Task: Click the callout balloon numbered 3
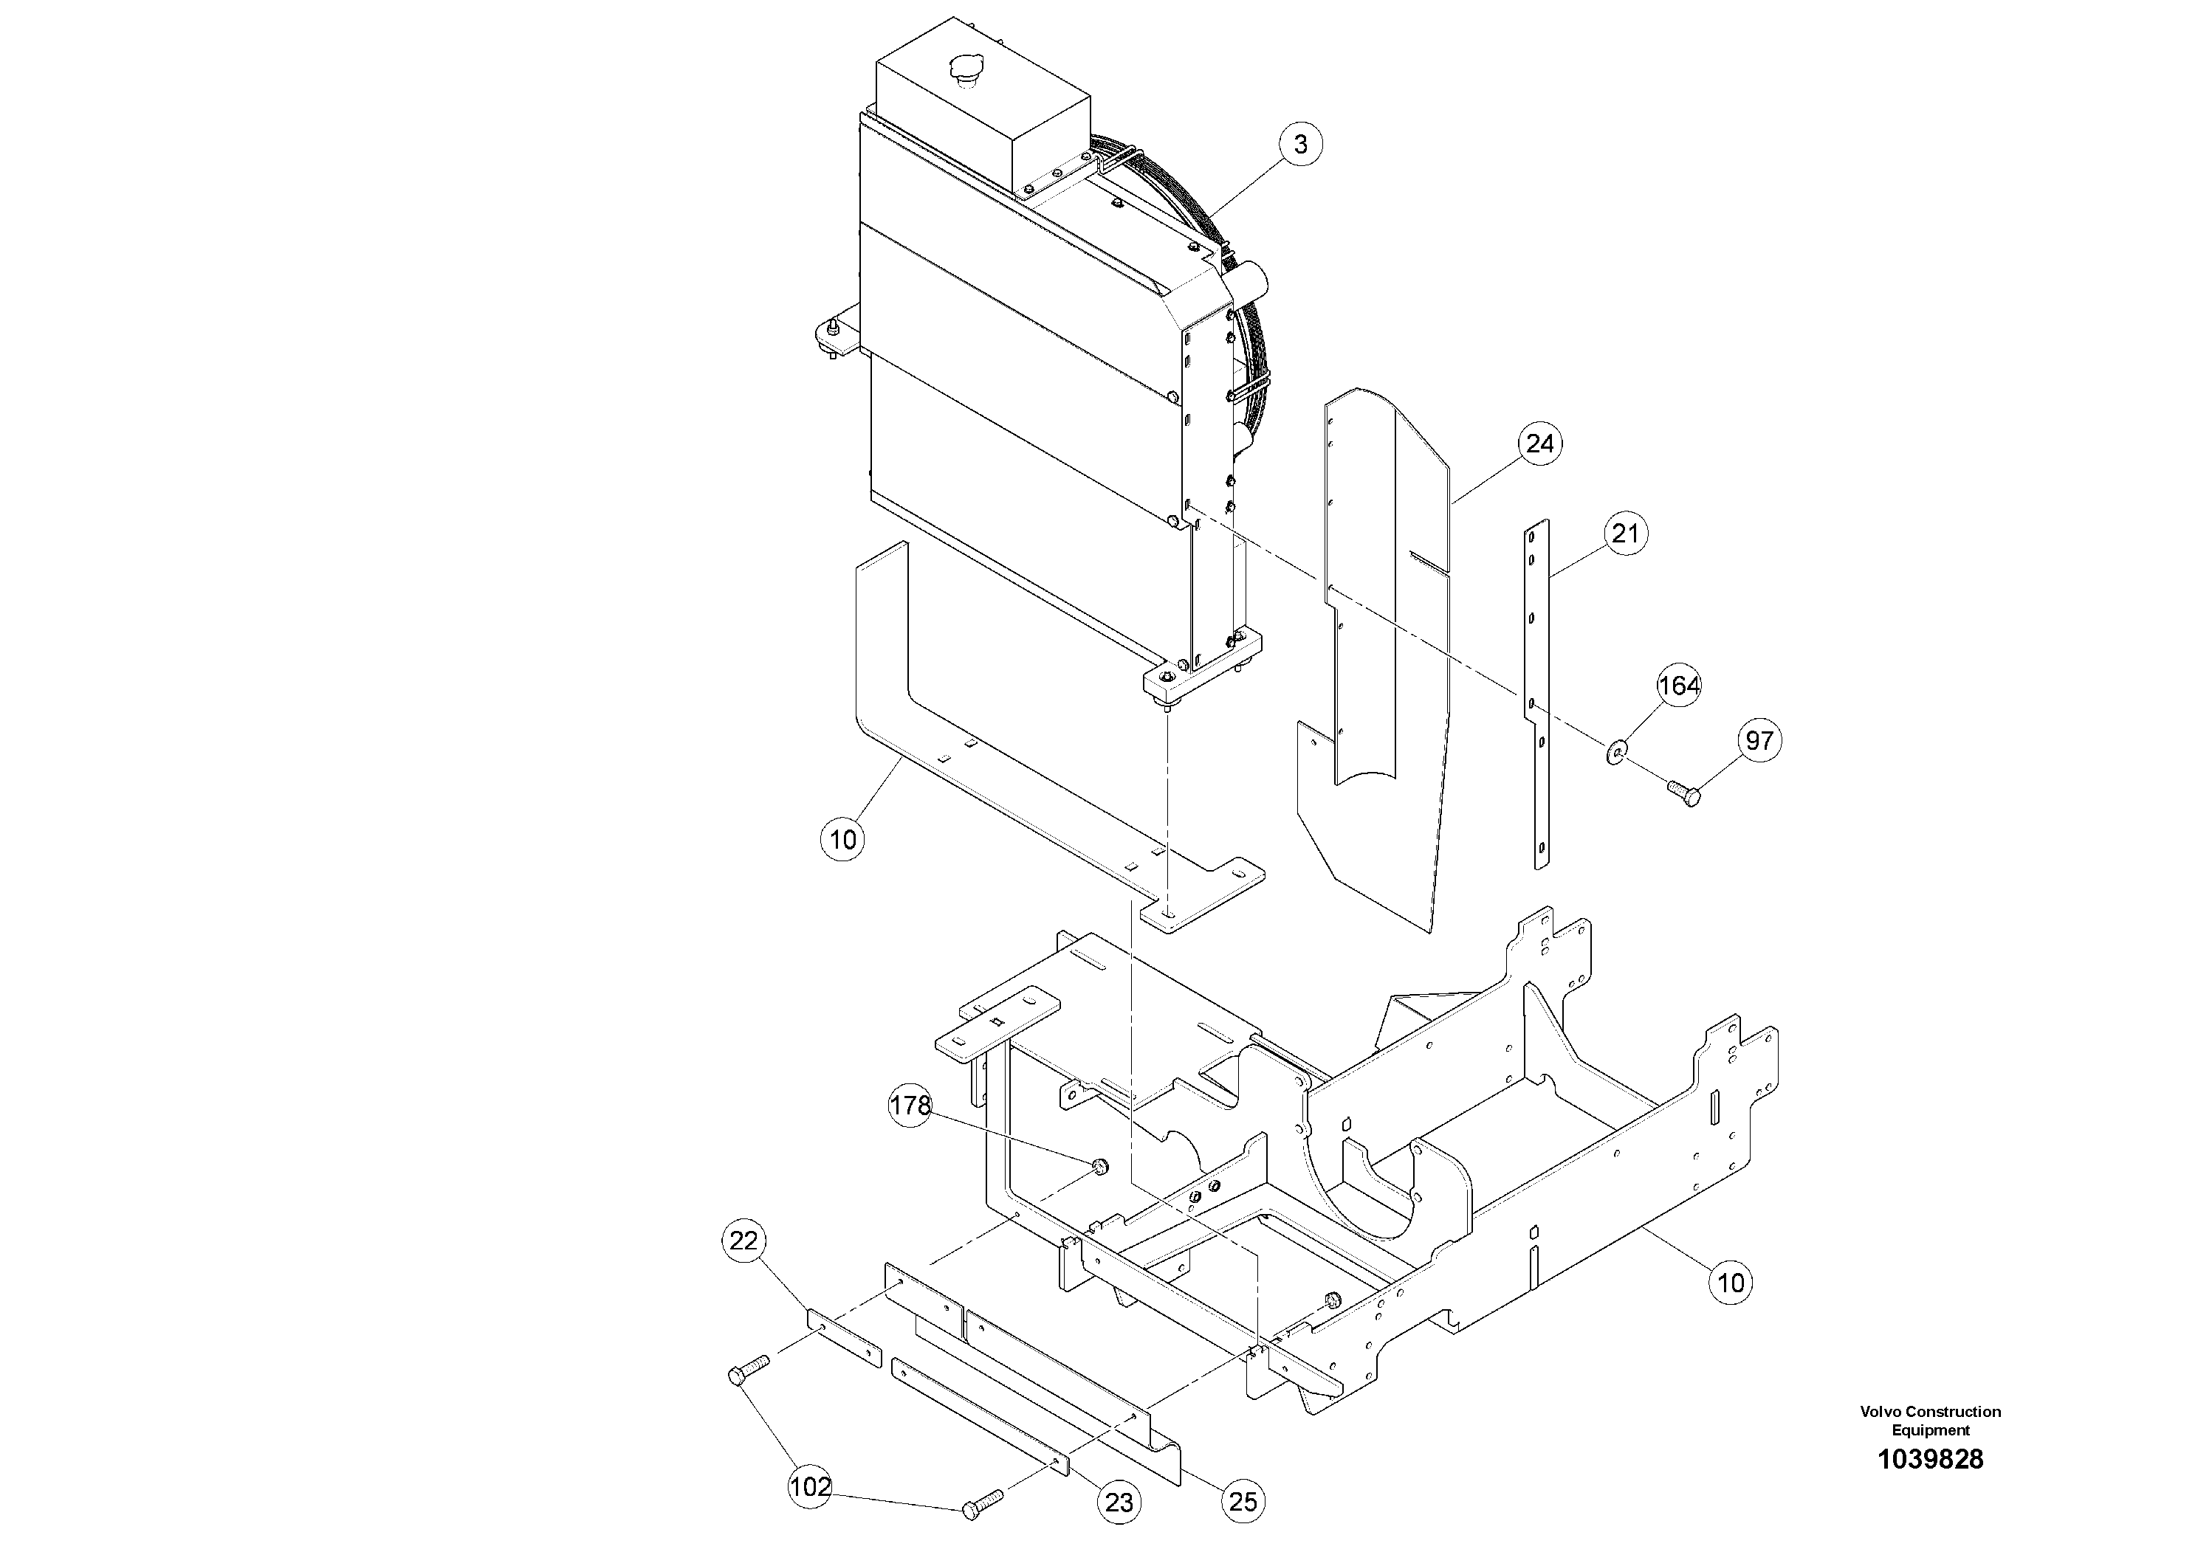click(1300, 145)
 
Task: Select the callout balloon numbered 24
click(1540, 444)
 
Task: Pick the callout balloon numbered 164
click(1679, 686)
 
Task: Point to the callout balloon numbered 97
click(1759, 741)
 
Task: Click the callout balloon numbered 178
click(910, 1106)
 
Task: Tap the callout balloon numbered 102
click(810, 1489)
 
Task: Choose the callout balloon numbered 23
click(1118, 1503)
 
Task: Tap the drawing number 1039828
click(1930, 1460)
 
